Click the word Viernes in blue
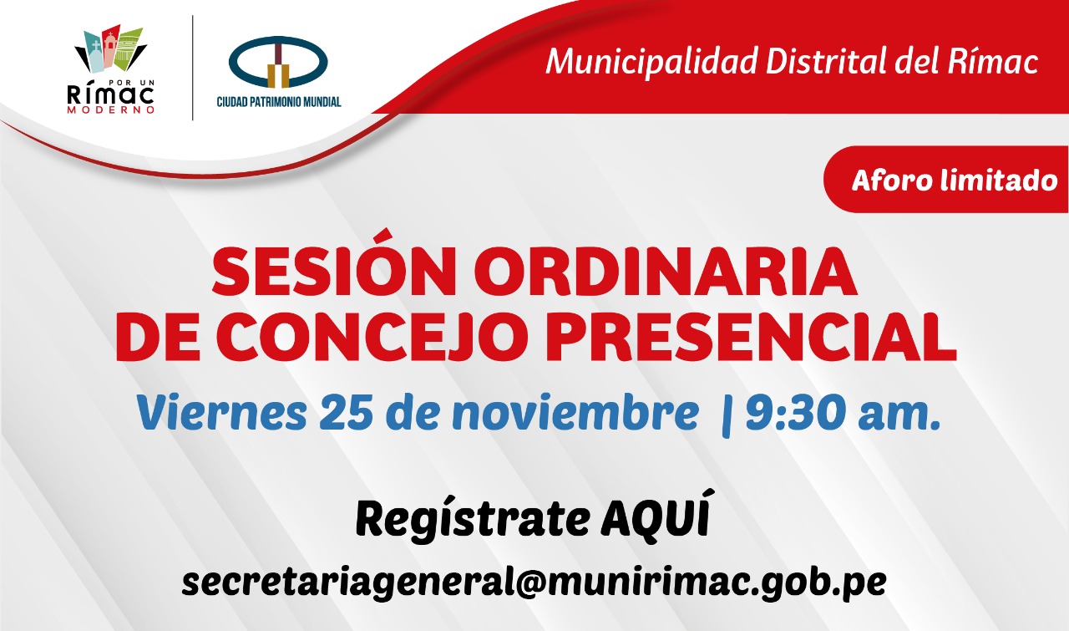[221, 412]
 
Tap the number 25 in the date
[346, 412]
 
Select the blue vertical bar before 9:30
[727, 415]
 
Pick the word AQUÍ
[655, 515]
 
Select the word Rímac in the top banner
[993, 61]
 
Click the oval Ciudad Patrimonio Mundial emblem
[278, 62]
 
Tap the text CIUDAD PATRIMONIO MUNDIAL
[279, 102]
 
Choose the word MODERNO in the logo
[111, 109]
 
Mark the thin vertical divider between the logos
[193, 68]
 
